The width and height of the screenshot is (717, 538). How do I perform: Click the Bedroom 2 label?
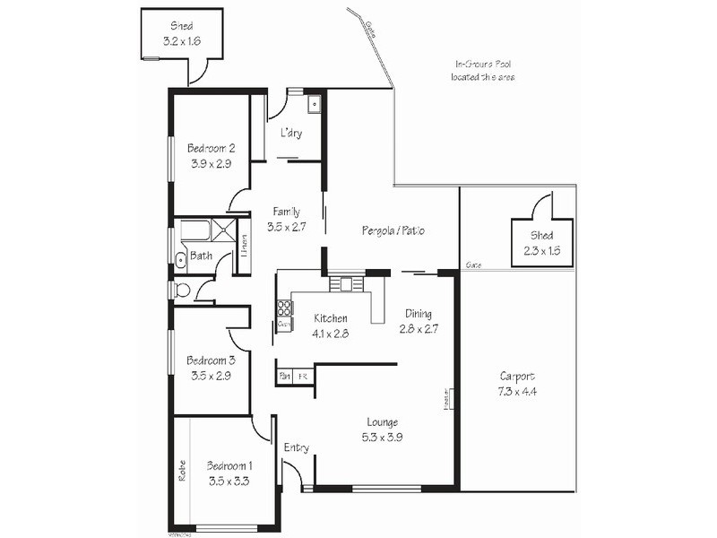211,148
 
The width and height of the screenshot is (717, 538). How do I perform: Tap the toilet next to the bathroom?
183,290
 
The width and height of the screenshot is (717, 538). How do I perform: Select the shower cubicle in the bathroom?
224,230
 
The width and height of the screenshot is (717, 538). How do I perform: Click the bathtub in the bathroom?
194,230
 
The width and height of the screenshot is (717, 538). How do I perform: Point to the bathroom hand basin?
180,260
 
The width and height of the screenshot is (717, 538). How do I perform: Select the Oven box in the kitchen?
283,324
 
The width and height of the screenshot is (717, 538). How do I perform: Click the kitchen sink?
342,285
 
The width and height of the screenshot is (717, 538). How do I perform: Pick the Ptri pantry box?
284,377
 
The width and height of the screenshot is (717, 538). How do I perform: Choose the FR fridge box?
303,377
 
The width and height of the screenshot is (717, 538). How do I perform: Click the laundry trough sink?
313,106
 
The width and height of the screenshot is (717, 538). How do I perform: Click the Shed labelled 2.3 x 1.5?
541,242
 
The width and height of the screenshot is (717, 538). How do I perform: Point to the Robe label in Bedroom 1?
181,472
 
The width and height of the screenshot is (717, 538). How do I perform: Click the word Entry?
296,447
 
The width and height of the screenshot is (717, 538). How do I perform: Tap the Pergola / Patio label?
393,230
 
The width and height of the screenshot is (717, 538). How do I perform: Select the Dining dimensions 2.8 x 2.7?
418,329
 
